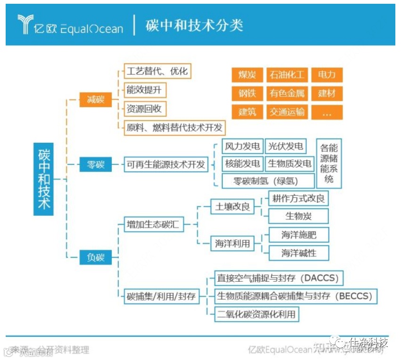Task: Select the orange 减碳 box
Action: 96,100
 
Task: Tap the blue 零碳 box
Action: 96,164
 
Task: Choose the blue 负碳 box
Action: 96,257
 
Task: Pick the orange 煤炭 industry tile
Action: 247,75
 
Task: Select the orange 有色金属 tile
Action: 287,93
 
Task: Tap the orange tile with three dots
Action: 326,113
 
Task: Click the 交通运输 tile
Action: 287,112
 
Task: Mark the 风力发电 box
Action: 242,147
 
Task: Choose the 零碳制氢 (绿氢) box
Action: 267,181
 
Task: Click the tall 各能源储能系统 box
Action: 329,163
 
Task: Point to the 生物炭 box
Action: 299,216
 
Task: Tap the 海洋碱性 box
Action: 299,253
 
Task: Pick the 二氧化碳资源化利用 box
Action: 257,314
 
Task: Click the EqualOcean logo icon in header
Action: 25,24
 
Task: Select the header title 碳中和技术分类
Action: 194,25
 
